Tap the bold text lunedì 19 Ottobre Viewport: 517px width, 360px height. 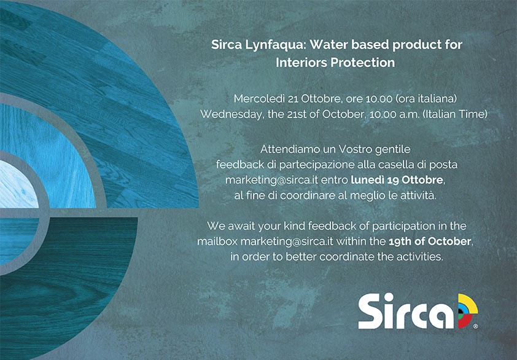click(x=397, y=180)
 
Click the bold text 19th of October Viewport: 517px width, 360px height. click(x=430, y=241)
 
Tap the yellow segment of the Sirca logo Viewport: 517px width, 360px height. click(x=469, y=303)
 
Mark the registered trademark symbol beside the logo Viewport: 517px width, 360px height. click(x=475, y=326)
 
